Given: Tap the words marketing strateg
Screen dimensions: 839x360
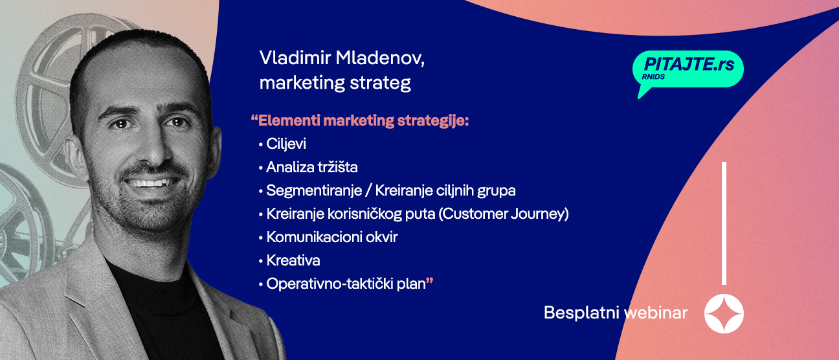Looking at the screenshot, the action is (x=335, y=83).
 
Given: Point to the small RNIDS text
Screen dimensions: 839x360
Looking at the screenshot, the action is (x=653, y=77).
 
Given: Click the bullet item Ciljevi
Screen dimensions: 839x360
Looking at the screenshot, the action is (x=286, y=144).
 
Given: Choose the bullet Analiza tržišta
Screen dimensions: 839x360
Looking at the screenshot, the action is (x=311, y=167).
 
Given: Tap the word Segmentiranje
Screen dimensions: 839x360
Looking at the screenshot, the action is (x=314, y=191).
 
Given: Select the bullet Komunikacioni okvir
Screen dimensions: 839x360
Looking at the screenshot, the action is (x=332, y=237).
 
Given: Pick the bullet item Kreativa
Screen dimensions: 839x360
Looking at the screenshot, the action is (x=293, y=260).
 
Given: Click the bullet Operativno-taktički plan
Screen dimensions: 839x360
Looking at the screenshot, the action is (x=346, y=284).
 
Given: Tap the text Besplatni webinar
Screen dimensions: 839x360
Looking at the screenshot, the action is (x=616, y=313).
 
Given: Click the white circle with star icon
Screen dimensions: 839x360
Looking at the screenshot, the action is (x=724, y=313).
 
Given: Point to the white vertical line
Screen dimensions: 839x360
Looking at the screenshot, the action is (x=724, y=223).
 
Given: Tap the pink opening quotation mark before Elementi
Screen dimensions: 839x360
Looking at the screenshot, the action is (x=254, y=118).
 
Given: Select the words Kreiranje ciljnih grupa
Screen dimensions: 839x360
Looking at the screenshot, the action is (x=445, y=191).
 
